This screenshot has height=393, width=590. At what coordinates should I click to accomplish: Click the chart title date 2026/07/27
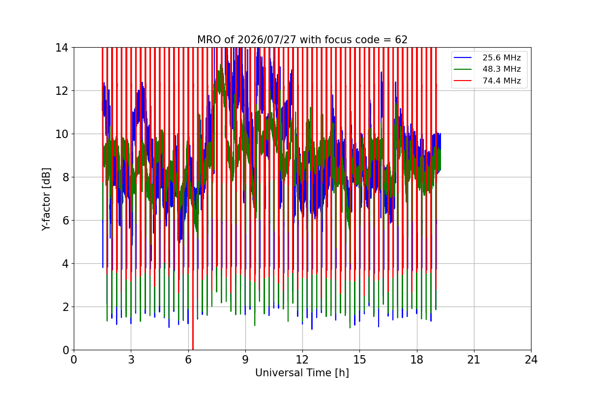[267, 40]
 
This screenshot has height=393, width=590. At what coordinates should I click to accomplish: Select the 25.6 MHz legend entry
[501, 57]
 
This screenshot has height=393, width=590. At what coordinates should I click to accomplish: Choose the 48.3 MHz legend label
[501, 69]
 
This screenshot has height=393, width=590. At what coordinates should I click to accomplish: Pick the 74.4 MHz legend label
[501, 81]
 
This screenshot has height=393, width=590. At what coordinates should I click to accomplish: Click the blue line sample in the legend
[463, 57]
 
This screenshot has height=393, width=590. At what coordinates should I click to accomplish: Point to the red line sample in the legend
[463, 81]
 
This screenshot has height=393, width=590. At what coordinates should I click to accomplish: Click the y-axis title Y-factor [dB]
[46, 199]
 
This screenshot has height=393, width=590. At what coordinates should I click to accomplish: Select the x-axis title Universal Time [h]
[302, 373]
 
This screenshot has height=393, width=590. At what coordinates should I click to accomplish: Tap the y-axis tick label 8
[65, 177]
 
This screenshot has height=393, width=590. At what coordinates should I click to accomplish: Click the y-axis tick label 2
[65, 307]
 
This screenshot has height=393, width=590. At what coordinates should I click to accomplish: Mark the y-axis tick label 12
[61, 91]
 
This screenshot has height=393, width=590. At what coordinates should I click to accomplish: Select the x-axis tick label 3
[131, 360]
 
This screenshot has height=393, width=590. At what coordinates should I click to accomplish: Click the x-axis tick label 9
[245, 360]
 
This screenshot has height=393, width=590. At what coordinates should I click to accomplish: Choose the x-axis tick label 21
[474, 360]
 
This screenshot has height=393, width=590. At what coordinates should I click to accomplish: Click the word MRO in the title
[209, 40]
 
